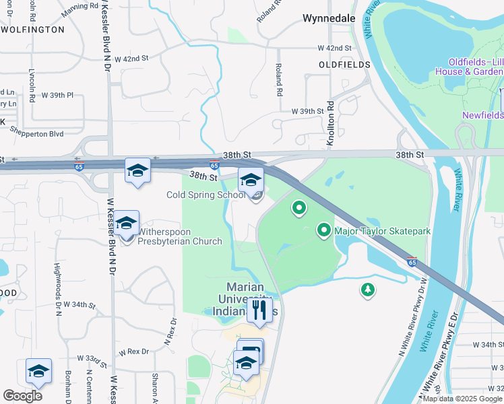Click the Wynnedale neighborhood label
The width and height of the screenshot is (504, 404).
[329, 19]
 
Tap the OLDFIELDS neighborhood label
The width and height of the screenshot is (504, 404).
[345, 65]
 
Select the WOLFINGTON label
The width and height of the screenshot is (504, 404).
[32, 30]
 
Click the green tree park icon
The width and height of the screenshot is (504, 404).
[367, 290]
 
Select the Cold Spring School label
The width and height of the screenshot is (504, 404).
[207, 195]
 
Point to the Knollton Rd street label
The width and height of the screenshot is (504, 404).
[331, 115]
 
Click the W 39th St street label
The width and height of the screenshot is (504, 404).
[307, 111]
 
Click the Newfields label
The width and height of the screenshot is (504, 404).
[482, 115]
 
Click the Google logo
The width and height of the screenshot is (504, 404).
[22, 396]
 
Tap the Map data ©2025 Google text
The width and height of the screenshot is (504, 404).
[463, 399]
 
